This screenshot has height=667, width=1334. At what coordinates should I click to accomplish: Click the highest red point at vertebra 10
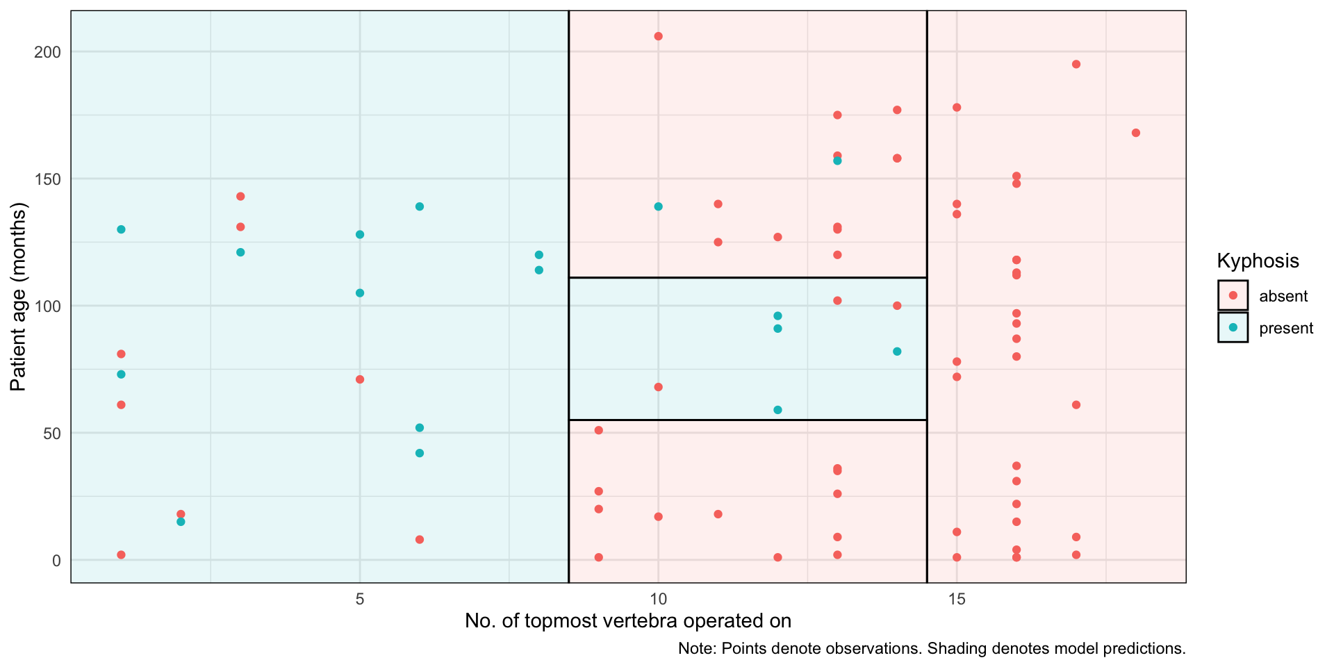[658, 36]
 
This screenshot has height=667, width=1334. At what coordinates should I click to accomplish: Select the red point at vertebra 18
[1136, 133]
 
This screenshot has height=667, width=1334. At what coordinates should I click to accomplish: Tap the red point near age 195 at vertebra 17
[1076, 65]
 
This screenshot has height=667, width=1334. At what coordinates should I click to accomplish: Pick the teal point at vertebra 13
[837, 160]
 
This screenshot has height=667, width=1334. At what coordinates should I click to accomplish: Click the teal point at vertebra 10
[658, 206]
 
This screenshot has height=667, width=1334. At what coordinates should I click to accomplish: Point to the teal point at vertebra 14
[897, 352]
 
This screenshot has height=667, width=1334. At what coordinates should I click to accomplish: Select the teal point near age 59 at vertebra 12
[777, 410]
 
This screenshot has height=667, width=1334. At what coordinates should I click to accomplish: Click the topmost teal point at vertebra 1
[121, 229]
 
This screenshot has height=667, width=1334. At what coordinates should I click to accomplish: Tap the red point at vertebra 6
[420, 540]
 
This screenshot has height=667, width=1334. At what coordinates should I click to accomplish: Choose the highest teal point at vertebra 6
[420, 206]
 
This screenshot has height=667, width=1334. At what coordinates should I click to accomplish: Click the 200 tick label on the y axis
[48, 52]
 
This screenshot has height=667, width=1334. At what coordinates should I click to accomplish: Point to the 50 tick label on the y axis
[51, 433]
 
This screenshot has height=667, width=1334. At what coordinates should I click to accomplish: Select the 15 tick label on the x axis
[957, 599]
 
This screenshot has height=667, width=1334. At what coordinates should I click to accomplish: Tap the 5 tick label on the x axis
[360, 599]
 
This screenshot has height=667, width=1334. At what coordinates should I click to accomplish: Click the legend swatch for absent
[1233, 295]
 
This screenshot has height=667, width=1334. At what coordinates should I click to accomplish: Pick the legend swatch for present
[1233, 327]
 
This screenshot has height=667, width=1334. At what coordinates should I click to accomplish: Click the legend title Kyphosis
[1258, 261]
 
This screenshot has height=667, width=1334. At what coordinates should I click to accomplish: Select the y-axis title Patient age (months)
[18, 297]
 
